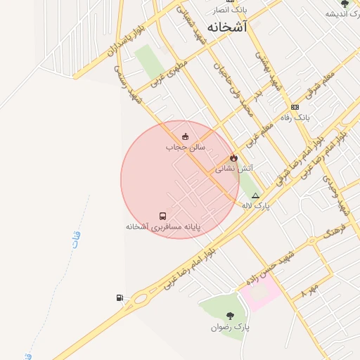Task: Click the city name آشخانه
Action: coord(228,27)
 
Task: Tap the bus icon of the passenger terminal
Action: coord(163,217)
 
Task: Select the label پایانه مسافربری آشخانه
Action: coord(163,227)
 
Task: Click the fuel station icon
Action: coord(120,298)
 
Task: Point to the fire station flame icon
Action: coord(233,159)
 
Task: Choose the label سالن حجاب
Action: coord(185,147)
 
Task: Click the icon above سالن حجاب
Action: coord(185,137)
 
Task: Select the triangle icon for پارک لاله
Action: coord(255,196)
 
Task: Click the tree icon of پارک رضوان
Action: coord(230,316)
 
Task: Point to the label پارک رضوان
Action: coord(230,327)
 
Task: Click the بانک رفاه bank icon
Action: coord(295,107)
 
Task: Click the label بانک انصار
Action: coord(230,11)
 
